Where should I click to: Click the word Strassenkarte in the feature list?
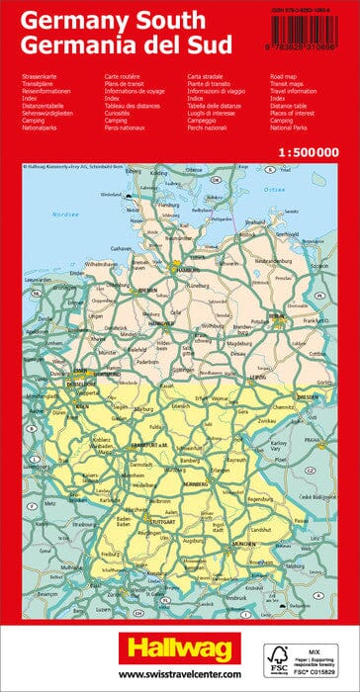pos(38,75)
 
